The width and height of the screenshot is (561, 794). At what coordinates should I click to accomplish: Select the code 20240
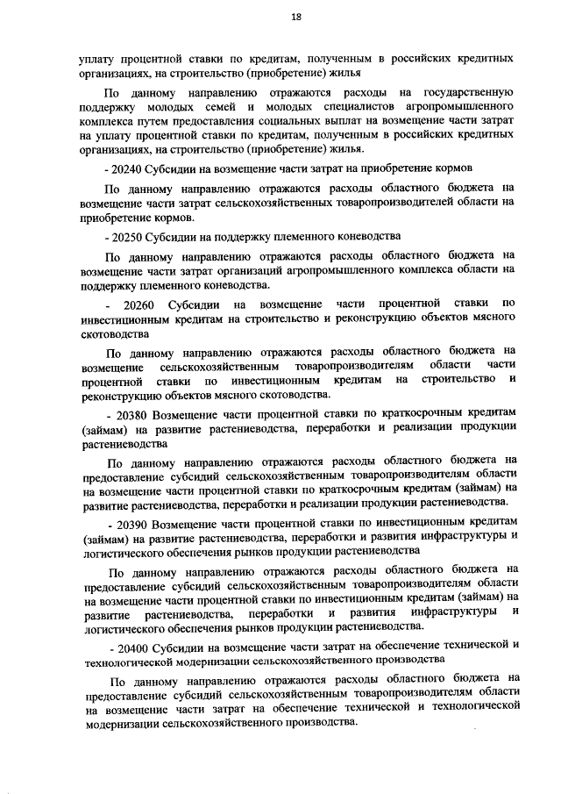click(x=129, y=166)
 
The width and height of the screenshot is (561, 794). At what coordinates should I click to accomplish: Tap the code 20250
click(x=129, y=235)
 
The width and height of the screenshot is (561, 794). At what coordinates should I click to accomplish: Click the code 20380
click(x=130, y=413)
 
